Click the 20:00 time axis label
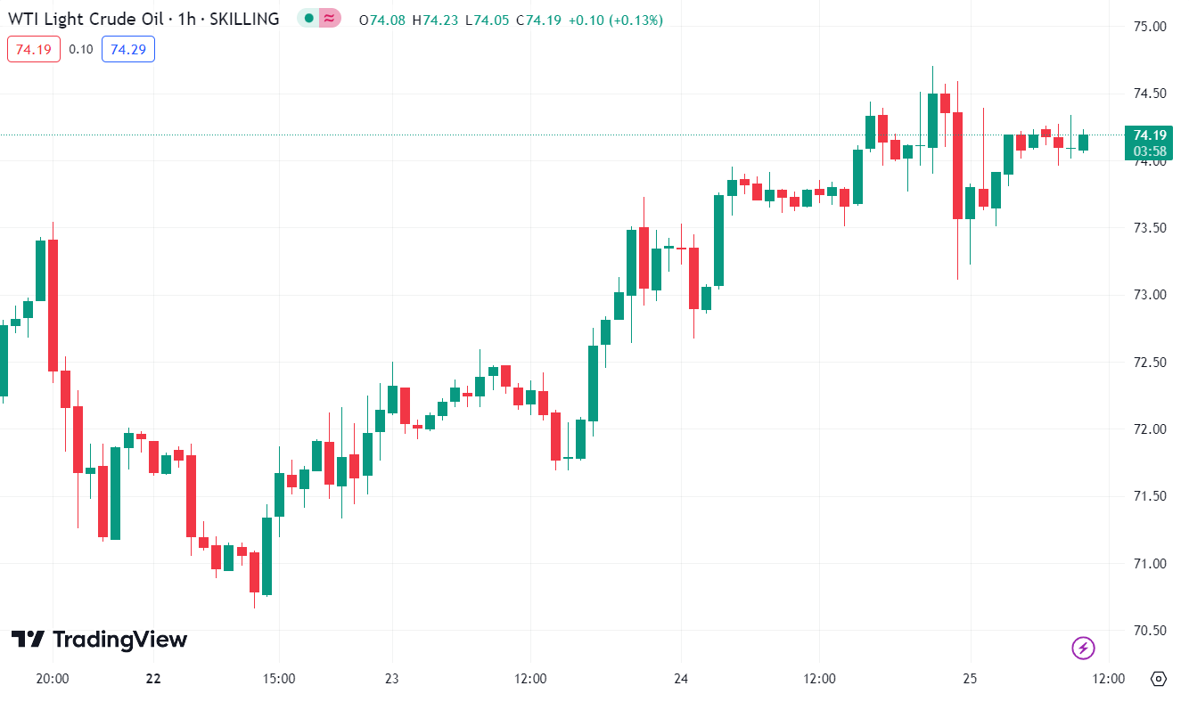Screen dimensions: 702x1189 [x=53, y=679]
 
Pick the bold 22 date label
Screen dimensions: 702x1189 [x=153, y=679]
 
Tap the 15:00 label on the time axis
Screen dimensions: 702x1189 [x=279, y=679]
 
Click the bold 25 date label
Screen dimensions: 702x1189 [x=970, y=679]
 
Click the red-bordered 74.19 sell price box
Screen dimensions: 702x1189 [x=34, y=49]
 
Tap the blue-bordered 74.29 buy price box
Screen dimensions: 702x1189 [x=128, y=49]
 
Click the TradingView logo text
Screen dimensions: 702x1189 [x=119, y=640]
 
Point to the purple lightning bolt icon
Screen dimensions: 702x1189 [x=1083, y=648]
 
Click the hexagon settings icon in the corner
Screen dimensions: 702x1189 [x=1158, y=679]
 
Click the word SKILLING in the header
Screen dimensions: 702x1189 [x=244, y=19]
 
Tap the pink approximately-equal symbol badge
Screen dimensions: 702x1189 [x=330, y=19]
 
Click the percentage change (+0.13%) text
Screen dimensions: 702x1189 [x=635, y=20]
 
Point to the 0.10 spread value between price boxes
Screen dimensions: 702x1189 [x=81, y=49]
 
